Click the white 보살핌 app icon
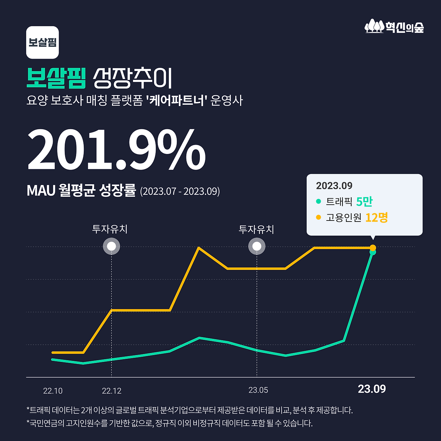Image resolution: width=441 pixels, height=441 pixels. click(42, 42)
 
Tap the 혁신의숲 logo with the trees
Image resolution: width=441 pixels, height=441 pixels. click(394, 27)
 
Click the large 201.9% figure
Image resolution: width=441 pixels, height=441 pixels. click(116, 150)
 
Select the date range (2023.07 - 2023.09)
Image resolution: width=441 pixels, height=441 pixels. click(180, 191)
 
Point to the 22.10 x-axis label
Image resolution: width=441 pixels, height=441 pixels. click(53, 391)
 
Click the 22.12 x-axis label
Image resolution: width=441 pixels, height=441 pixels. click(112, 391)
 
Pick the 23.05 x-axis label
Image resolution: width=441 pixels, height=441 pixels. click(258, 390)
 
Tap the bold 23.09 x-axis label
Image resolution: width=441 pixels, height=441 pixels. click(372, 389)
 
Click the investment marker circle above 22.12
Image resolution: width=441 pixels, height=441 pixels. click(112, 246)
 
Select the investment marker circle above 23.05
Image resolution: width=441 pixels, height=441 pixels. click(257, 246)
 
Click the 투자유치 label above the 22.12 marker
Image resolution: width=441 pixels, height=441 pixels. click(110, 229)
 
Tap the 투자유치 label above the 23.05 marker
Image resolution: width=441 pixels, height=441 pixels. click(256, 229)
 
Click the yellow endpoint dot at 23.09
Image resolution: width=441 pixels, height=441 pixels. click(373, 248)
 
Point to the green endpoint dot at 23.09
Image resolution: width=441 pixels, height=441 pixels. click(373, 253)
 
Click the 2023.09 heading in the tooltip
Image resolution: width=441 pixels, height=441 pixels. click(334, 186)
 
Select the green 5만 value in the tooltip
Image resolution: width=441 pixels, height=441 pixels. click(364, 202)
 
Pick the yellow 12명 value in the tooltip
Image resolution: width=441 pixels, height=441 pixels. click(376, 217)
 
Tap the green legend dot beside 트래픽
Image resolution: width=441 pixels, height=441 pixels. click(318, 201)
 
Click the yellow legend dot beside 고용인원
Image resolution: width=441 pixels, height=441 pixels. click(318, 217)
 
